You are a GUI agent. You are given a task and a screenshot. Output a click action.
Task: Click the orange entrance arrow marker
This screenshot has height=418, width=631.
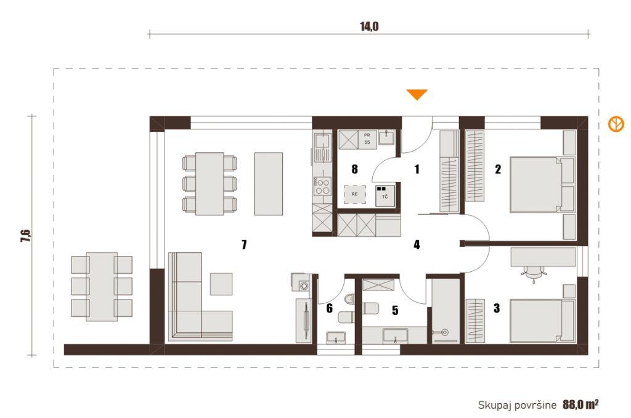[417, 94]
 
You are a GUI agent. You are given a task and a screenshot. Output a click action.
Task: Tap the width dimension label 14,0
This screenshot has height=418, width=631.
[369, 27]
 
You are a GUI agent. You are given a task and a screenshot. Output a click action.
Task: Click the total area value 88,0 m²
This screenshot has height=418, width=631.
[580, 404]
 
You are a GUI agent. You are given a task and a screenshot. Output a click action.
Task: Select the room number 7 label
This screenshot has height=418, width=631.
[244, 244]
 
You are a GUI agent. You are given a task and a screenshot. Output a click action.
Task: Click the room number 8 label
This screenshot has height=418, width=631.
[354, 169]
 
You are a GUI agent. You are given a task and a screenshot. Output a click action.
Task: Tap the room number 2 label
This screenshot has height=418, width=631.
[498, 169]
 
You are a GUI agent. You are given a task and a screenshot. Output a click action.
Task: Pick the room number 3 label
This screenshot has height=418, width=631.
[497, 308]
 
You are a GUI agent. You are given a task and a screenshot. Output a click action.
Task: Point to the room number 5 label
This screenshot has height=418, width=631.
[395, 310]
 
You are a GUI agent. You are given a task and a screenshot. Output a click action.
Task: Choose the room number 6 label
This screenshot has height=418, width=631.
[330, 308]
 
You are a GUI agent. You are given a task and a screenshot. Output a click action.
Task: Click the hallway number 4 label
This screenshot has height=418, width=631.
[417, 244]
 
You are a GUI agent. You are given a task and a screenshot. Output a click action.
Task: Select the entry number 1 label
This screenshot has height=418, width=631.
[417, 169]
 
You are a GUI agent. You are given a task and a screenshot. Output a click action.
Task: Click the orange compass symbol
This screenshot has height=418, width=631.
[616, 124]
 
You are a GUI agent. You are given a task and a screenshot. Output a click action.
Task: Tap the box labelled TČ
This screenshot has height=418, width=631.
[385, 195]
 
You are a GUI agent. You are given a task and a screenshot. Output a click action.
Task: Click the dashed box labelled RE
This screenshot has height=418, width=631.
[354, 194]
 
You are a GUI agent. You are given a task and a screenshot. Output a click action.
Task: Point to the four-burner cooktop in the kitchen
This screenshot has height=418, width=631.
[322, 187]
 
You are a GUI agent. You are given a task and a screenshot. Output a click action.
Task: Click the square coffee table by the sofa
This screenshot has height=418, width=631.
[221, 284]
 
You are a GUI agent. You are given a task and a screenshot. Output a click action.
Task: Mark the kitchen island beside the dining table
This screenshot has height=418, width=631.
[269, 184]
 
